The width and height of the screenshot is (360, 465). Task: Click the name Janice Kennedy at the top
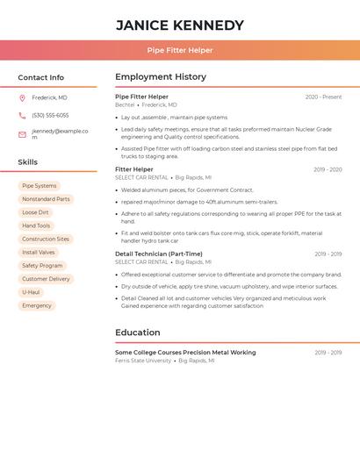[x=180, y=25]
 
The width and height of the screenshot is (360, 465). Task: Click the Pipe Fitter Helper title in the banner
[x=180, y=50]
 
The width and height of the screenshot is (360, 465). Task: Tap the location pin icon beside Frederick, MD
[x=22, y=97]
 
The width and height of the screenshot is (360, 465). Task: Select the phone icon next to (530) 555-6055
[x=22, y=115]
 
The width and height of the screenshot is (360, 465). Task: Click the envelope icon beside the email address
[x=22, y=134]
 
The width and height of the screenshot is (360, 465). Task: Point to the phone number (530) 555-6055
[x=50, y=115]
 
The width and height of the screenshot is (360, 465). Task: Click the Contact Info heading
[x=40, y=77]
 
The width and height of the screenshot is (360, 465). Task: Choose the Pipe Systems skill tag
[x=40, y=186]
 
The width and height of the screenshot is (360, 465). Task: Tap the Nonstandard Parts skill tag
[x=46, y=199]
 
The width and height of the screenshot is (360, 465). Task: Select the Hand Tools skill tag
[x=36, y=225]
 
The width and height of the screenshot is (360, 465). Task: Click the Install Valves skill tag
[x=39, y=252]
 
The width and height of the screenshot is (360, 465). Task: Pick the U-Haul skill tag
[x=31, y=292]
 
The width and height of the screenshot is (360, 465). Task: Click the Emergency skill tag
[x=37, y=305]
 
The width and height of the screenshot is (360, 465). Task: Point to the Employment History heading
[x=161, y=77]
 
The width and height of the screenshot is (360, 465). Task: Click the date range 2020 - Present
[x=323, y=97]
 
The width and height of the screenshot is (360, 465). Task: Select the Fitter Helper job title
[x=133, y=169]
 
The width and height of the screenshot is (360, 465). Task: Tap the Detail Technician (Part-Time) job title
[x=158, y=254]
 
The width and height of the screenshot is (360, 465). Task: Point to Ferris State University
[x=143, y=361]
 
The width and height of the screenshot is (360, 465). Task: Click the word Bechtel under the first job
[x=125, y=104]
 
